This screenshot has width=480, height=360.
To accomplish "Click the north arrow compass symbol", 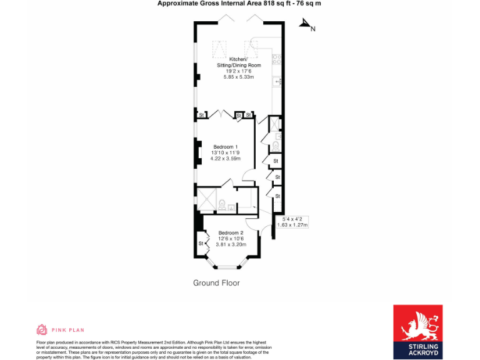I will click(306, 25).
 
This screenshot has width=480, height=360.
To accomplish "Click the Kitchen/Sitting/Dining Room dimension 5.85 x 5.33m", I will click(239, 77).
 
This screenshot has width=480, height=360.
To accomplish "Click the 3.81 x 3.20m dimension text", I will click(231, 244).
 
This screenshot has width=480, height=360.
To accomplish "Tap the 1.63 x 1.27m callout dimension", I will click(296, 225).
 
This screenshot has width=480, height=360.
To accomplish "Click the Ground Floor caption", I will click(216, 283).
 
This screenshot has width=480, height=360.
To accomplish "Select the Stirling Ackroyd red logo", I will click(417, 332).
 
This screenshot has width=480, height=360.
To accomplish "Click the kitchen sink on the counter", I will click(277, 81).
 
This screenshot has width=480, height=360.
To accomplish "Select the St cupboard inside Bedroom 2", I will click(201, 243).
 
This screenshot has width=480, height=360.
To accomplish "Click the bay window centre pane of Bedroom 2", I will click(222, 267).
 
